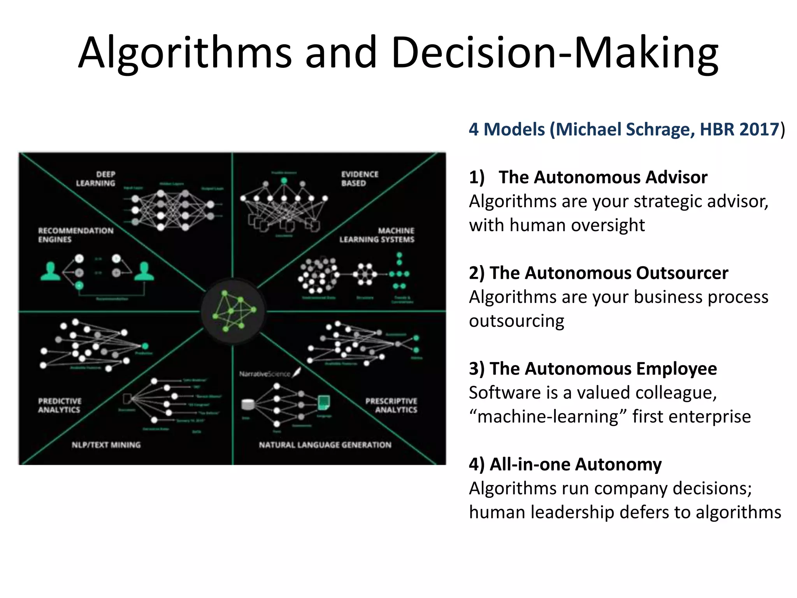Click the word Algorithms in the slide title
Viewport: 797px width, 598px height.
tap(185, 53)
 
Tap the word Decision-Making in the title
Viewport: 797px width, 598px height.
tap(555, 53)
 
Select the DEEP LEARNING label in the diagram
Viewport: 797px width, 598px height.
tap(96, 179)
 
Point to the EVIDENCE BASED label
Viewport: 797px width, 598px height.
tap(360, 179)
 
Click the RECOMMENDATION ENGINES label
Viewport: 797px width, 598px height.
tap(75, 235)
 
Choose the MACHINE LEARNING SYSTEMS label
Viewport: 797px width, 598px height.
tap(377, 235)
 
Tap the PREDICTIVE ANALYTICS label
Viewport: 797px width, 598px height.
tap(60, 405)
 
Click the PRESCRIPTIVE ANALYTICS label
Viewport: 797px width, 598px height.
tap(391, 405)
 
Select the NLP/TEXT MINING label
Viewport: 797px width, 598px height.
tap(106, 445)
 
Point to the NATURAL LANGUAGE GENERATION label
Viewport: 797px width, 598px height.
tap(325, 445)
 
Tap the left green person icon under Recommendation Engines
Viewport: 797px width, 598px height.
tap(50, 272)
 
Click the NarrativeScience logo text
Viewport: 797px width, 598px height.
tap(265, 374)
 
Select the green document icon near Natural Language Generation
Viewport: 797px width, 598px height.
tap(324, 402)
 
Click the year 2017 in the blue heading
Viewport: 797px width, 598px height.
tap(759, 129)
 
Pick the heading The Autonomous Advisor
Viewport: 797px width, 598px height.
tap(603, 178)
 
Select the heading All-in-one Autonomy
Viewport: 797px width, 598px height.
tap(575, 464)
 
